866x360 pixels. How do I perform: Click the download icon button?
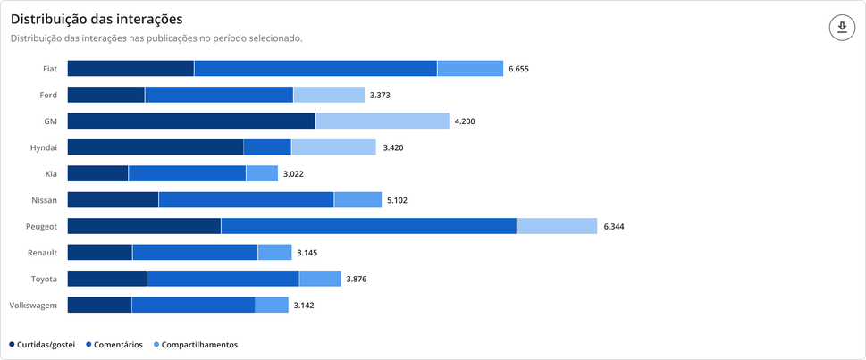(x=842, y=28)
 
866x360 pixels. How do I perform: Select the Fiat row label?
(x=50, y=69)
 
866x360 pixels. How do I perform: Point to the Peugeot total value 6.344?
(x=614, y=227)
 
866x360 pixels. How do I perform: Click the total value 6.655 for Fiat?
(x=519, y=69)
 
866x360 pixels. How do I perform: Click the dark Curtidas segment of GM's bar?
(x=191, y=121)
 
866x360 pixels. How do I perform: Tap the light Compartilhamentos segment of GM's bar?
(x=383, y=121)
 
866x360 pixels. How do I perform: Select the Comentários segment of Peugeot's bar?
(x=368, y=227)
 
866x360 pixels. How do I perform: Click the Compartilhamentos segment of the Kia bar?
(x=262, y=174)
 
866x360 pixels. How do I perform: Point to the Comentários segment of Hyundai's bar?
(x=267, y=147)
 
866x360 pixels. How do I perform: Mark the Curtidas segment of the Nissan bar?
(x=113, y=200)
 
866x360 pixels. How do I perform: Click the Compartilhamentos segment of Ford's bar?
(x=329, y=95)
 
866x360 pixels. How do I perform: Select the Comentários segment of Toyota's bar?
(x=223, y=280)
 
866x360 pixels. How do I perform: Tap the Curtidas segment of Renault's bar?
(x=99, y=253)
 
